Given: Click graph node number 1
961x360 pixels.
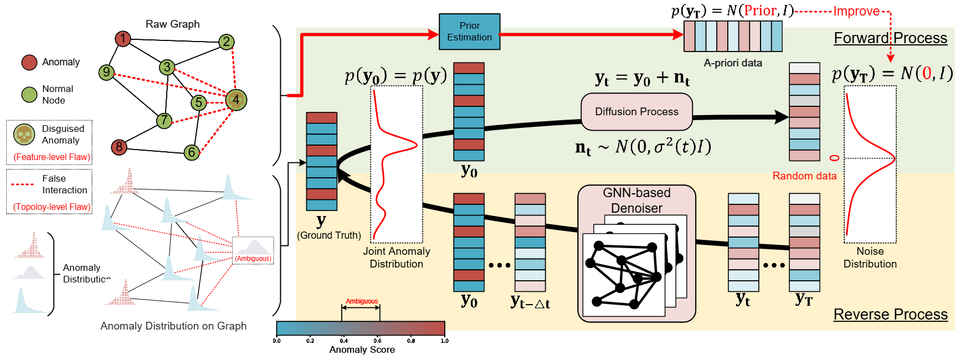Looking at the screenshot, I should [x=123, y=39].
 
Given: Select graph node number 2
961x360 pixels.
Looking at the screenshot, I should [x=226, y=42].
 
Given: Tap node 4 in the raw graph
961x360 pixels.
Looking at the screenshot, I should [x=236, y=100].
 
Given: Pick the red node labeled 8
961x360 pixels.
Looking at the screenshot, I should [x=119, y=147].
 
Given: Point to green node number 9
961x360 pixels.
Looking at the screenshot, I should [x=106, y=72].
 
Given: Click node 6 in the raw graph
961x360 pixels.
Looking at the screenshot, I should [x=192, y=152].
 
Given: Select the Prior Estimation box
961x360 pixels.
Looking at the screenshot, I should [x=469, y=32].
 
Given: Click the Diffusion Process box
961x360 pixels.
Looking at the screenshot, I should [x=636, y=111].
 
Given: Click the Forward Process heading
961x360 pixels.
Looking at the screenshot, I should [x=890, y=38].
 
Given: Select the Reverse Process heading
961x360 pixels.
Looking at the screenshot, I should [x=890, y=315].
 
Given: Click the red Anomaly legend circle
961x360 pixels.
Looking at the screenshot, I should [x=29, y=63].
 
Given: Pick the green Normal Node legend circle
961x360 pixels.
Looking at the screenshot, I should [x=29, y=95].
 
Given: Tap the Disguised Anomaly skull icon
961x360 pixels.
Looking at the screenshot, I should [x=24, y=135].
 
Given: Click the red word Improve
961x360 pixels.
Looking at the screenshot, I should [x=856, y=12].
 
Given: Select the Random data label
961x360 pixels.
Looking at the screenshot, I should [x=804, y=176].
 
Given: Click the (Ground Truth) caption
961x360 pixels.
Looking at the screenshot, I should [x=329, y=235].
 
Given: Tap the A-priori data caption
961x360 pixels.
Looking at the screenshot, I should [x=733, y=63].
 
